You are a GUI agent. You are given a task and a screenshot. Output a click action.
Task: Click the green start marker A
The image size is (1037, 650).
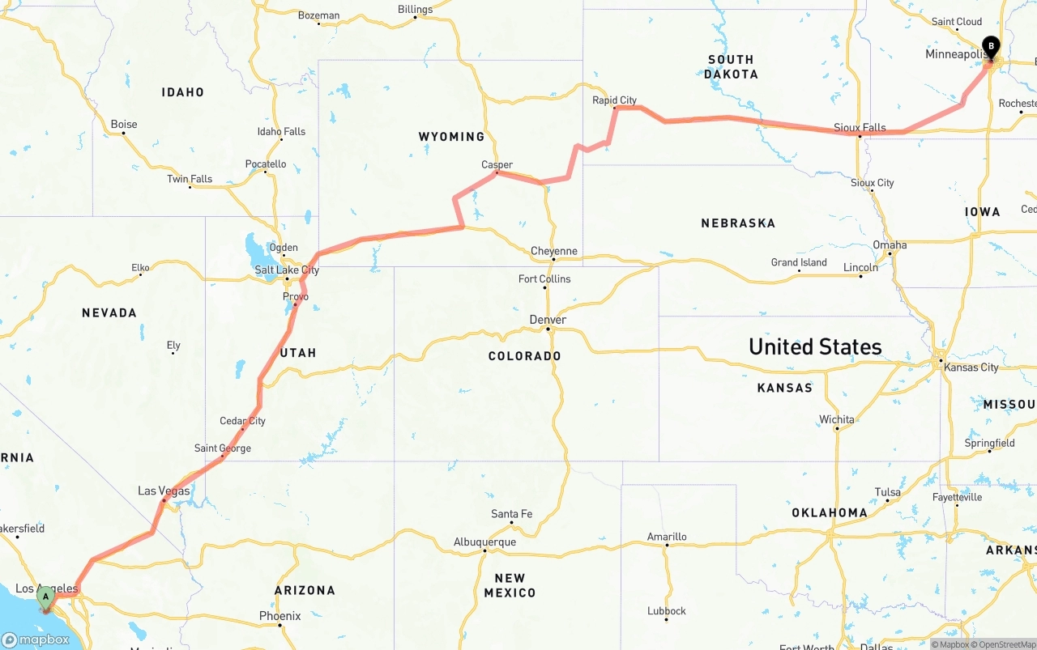46,597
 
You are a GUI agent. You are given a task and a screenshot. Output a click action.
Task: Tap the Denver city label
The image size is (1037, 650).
548,320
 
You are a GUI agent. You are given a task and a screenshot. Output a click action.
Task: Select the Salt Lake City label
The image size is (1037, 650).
287,270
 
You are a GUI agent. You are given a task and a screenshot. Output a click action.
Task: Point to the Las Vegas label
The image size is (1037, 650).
164,491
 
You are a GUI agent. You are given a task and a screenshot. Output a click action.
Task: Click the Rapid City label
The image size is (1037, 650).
615,100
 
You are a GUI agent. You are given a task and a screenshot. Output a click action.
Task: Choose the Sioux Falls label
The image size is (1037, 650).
860,128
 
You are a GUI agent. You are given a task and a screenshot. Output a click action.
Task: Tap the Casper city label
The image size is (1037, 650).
497,164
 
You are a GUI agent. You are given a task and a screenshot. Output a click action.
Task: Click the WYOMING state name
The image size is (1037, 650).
451,137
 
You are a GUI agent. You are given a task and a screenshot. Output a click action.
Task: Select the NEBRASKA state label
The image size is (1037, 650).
738,223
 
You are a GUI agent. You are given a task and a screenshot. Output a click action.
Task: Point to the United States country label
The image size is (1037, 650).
814,346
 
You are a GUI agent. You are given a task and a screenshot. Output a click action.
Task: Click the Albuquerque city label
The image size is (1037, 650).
484,542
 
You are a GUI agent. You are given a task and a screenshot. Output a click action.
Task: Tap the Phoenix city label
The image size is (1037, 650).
280,616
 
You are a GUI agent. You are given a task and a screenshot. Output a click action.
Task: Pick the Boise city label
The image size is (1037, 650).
124,124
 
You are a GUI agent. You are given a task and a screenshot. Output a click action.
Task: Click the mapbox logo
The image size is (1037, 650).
36,639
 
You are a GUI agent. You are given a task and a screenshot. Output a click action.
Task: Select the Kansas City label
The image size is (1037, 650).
971,367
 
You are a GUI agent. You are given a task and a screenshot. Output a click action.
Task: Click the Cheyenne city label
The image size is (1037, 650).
554,251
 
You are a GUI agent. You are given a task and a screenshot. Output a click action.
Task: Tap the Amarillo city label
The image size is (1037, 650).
667,537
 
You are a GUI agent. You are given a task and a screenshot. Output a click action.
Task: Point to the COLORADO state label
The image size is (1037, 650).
524,356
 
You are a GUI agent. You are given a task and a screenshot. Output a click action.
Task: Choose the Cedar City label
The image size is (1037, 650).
242,421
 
